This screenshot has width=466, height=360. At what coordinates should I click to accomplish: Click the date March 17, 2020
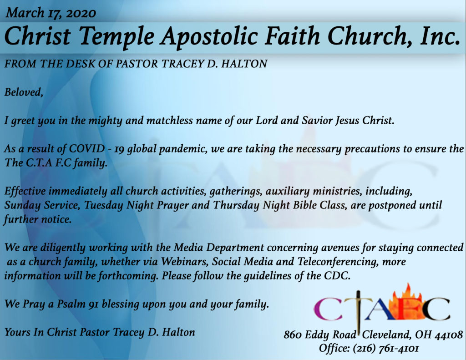click(x=51, y=13)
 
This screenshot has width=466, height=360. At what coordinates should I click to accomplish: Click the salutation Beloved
click(x=24, y=92)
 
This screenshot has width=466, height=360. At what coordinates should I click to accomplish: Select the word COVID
click(x=87, y=148)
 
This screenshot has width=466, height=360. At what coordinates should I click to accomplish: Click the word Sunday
click(x=22, y=205)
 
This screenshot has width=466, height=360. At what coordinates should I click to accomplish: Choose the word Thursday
click(x=236, y=205)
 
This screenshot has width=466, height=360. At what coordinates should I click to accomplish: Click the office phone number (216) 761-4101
click(x=386, y=348)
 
